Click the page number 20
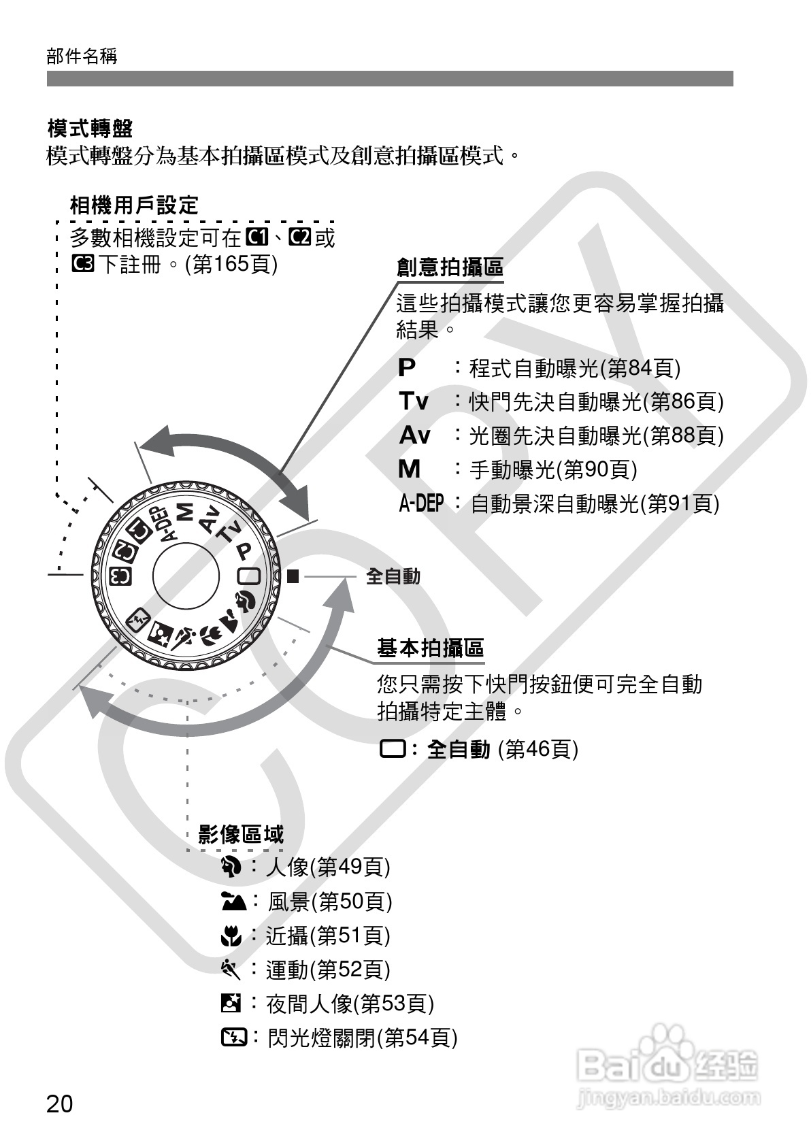[59, 1103]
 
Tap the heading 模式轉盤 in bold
[90, 128]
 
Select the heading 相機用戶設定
[134, 205]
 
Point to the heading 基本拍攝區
[430, 648]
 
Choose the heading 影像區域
[241, 834]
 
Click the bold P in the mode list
[407, 368]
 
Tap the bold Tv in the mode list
[414, 401]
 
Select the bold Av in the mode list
[414, 435]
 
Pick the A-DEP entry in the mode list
[420, 503]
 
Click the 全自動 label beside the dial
[393, 576]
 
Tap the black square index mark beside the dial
[293, 576]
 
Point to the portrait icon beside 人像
[231, 867]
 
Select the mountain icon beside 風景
[233, 901]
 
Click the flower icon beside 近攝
[231, 936]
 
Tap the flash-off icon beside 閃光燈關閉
[233, 1038]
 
